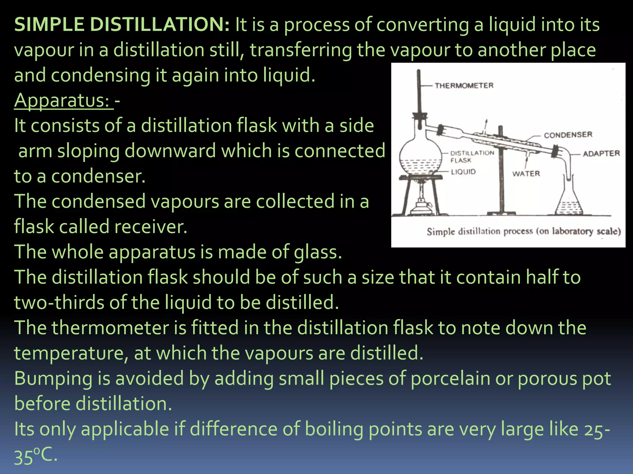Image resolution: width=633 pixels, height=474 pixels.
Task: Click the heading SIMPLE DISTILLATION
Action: coord(122,25)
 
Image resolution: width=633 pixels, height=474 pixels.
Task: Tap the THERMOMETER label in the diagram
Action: coord(464,85)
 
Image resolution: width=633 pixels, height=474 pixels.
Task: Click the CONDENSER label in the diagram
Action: coord(568,135)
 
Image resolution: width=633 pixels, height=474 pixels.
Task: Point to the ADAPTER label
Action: coord(601,153)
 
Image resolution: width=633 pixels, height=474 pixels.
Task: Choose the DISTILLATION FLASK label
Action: coord(472,156)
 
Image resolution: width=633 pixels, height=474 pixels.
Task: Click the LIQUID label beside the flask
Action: coord(463,172)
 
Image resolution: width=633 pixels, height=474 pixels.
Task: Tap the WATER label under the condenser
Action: coord(526,173)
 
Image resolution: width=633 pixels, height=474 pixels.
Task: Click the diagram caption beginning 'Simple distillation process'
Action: coord(524,231)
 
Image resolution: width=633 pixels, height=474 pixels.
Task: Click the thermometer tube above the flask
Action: coord(419,93)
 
